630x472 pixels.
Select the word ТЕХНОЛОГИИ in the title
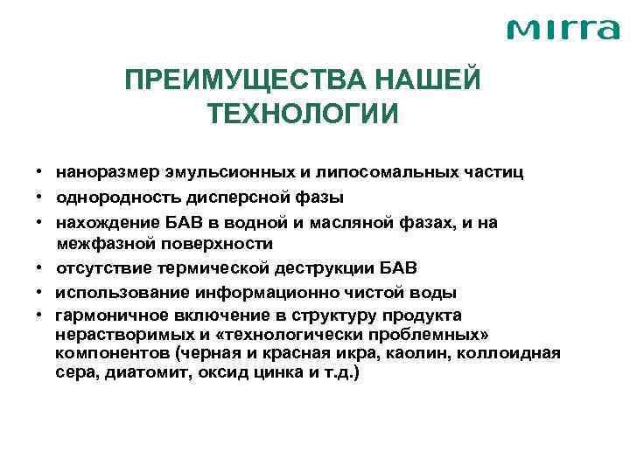(x=303, y=114)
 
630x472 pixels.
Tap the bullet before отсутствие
(x=39, y=267)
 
